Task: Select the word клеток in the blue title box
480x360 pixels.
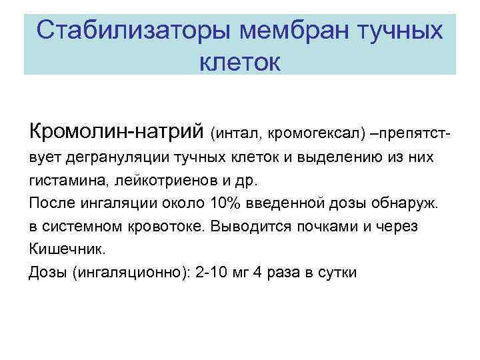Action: [x=240, y=63]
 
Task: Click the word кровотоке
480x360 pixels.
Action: [x=171, y=227]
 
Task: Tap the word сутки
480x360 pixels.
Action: [x=338, y=273]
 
